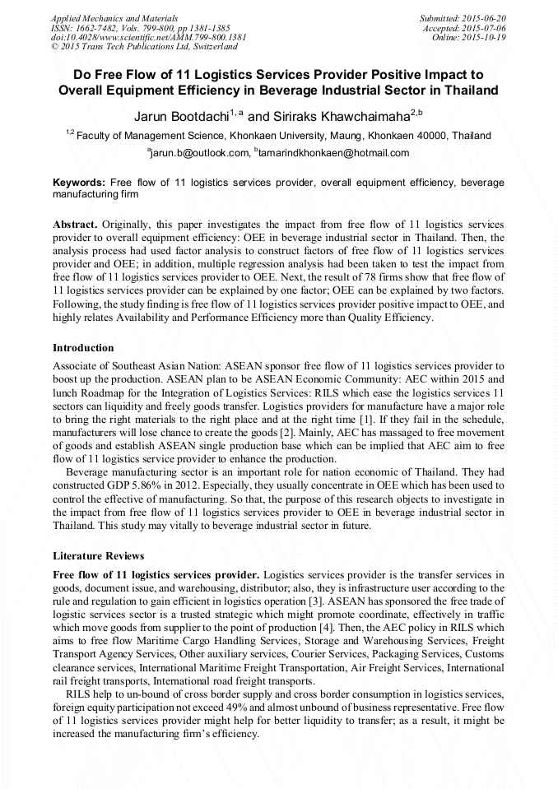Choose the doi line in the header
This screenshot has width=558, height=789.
point(148,37)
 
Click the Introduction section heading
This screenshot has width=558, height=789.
point(83,348)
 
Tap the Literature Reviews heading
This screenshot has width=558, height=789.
point(98,556)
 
